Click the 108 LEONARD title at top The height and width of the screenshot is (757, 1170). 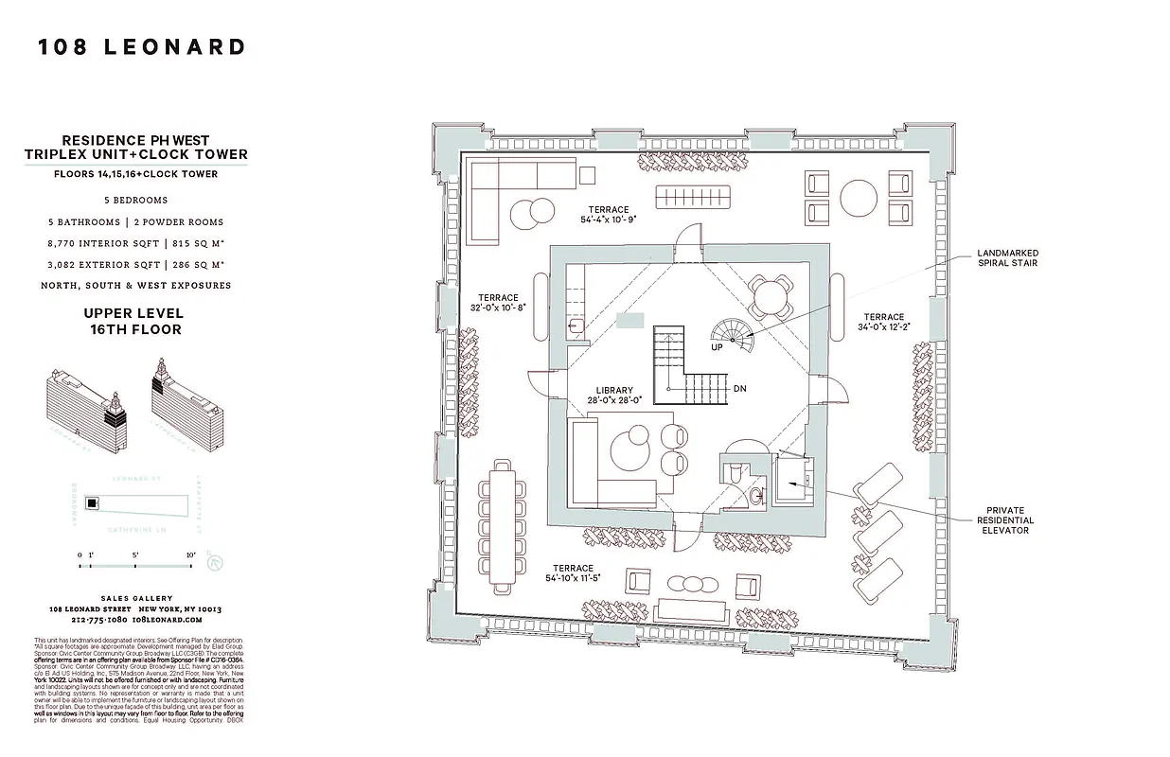pyautogui.click(x=142, y=47)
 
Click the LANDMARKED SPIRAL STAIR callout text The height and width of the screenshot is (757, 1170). pyautogui.click(x=1008, y=258)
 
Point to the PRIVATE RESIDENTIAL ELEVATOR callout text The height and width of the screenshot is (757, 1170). pyautogui.click(x=1004, y=520)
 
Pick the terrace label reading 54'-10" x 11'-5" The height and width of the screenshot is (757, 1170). pyautogui.click(x=574, y=573)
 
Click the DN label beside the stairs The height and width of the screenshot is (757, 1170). pyautogui.click(x=740, y=389)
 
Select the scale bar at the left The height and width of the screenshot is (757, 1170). pyautogui.click(x=136, y=566)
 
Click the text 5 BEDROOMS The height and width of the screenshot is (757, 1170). pyautogui.click(x=136, y=201)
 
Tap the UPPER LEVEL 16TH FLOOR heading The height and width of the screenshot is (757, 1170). pyautogui.click(x=133, y=322)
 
